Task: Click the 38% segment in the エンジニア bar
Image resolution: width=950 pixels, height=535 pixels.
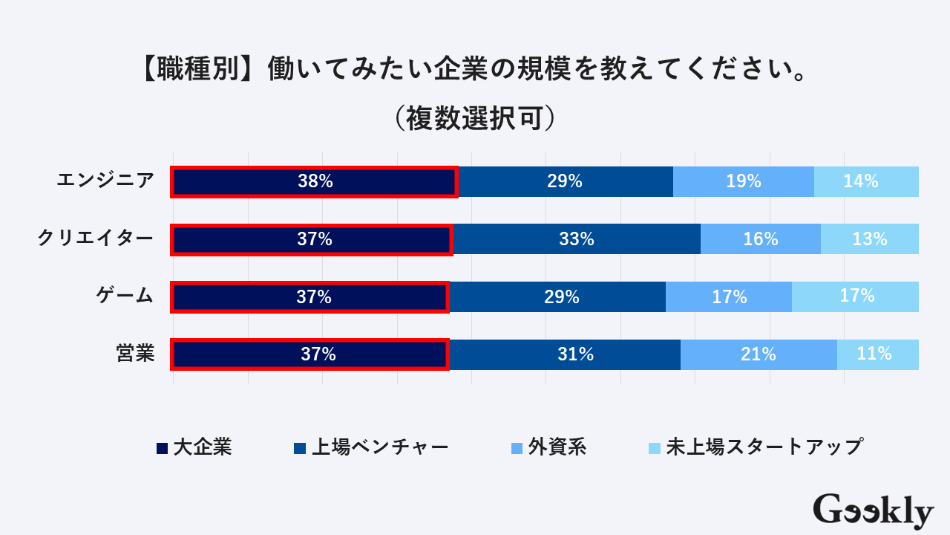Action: (x=315, y=181)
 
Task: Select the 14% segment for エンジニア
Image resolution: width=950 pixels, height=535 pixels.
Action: (x=866, y=181)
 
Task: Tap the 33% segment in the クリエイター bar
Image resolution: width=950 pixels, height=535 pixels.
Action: (x=577, y=239)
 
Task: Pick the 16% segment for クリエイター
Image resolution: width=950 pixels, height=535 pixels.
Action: (x=761, y=239)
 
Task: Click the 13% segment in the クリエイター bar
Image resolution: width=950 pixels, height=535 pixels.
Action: (x=870, y=239)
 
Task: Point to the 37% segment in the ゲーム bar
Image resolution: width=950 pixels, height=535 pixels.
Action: (x=312, y=297)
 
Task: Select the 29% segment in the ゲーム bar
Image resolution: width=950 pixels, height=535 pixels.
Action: (x=557, y=297)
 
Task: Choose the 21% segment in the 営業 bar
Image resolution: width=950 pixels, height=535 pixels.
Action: (x=759, y=354)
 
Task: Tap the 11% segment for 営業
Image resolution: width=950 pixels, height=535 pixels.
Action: (x=878, y=354)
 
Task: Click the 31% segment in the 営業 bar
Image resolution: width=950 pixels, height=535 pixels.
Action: (x=565, y=354)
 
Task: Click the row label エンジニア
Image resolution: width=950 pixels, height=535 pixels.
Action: (x=106, y=181)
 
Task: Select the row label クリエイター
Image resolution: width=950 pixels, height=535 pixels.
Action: (x=96, y=239)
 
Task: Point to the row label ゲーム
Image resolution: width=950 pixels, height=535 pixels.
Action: (x=125, y=296)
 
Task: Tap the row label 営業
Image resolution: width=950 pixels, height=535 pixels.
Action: (x=135, y=354)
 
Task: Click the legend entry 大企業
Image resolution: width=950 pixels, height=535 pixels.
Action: (x=194, y=447)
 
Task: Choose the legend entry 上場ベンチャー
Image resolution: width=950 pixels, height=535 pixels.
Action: (x=371, y=447)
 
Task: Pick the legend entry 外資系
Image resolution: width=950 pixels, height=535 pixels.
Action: (x=550, y=447)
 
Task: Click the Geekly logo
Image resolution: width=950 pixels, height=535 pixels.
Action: (x=873, y=511)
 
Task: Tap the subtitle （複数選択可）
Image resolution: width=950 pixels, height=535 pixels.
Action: (x=475, y=119)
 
